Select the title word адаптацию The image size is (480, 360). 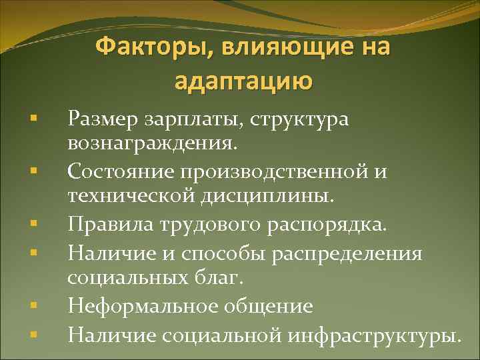tap(242, 81)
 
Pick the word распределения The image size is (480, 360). tap(351, 254)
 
